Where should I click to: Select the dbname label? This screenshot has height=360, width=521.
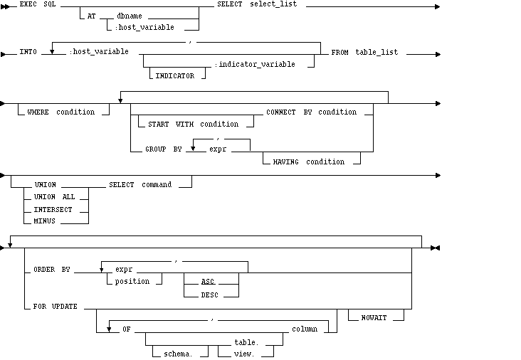click(x=129, y=16)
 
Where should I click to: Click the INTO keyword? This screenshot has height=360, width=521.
click(x=28, y=52)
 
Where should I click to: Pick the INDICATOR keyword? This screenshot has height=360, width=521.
click(x=174, y=75)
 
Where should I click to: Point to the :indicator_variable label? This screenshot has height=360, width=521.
click(x=263, y=64)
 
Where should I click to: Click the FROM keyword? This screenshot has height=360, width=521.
click(x=340, y=52)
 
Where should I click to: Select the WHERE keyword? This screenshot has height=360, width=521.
click(x=38, y=112)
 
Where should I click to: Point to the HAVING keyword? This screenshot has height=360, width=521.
click(x=288, y=162)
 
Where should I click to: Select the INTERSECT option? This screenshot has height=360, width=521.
click(x=53, y=209)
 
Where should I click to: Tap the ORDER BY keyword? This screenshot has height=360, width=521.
click(x=52, y=270)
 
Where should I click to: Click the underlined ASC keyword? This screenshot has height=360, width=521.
click(x=208, y=281)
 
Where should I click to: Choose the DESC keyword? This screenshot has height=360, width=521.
click(x=209, y=293)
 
